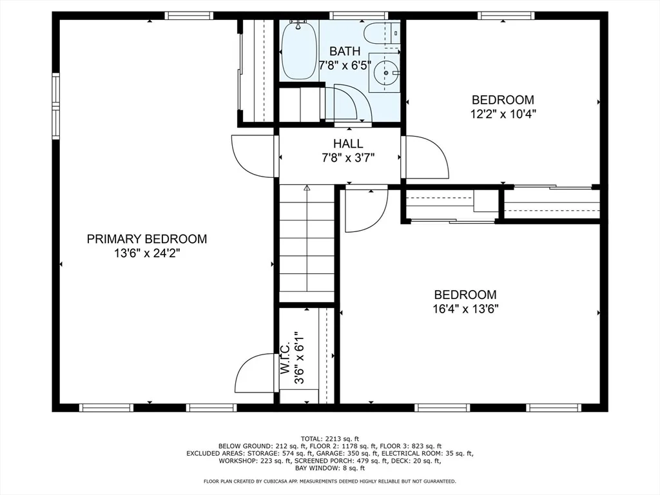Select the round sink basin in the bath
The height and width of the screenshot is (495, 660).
click(x=385, y=73)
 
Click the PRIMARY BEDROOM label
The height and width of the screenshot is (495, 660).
click(x=147, y=239)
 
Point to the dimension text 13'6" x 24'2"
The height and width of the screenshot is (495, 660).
click(x=147, y=253)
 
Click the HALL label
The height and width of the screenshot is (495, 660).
click(x=348, y=144)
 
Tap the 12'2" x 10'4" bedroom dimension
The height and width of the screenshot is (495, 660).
click(x=503, y=114)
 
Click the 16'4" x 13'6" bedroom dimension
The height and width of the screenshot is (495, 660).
click(x=465, y=309)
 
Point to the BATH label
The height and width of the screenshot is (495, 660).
click(x=345, y=52)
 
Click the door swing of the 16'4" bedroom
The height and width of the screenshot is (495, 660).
click(x=366, y=211)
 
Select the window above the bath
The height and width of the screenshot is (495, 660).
click(x=359, y=15)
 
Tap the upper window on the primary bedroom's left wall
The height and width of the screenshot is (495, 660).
click(x=55, y=89)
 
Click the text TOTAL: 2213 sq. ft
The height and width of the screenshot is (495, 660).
click(x=330, y=438)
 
